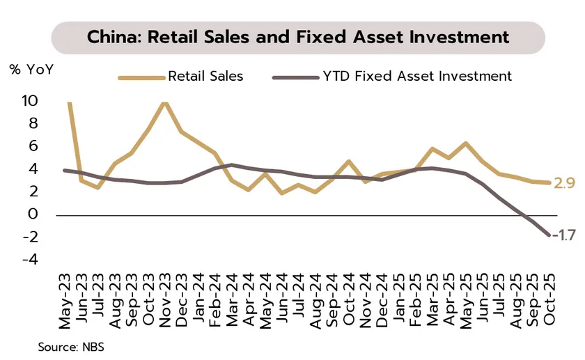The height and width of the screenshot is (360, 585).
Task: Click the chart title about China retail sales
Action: coord(297,36)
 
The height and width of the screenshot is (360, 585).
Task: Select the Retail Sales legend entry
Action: coord(205,76)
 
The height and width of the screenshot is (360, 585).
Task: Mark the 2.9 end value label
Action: coord(565,184)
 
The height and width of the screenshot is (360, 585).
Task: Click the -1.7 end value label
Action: coord(564,235)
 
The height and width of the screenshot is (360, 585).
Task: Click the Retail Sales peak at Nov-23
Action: coord(164,102)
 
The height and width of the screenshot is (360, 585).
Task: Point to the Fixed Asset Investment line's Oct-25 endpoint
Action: coord(549,235)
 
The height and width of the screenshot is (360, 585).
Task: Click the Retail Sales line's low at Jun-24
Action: coord(282,193)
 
